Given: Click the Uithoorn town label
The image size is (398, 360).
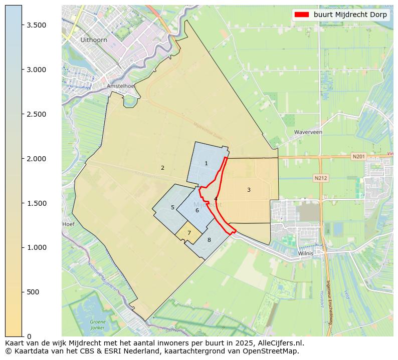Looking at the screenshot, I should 90,40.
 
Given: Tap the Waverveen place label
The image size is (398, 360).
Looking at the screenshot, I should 308,132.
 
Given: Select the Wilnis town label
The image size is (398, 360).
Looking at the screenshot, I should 305,253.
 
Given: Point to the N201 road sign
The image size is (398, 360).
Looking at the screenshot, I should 358,157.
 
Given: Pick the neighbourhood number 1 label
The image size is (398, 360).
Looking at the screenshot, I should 206,163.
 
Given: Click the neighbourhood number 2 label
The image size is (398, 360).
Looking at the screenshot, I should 162,168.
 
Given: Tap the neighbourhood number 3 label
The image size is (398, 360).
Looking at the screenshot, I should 249,190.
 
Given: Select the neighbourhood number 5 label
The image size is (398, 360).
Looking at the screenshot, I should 172,207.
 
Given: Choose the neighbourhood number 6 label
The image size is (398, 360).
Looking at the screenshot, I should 197,210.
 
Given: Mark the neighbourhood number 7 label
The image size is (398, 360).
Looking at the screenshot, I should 189,233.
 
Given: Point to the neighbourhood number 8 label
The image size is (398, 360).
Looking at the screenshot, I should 209,240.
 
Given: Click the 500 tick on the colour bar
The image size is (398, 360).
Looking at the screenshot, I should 40,292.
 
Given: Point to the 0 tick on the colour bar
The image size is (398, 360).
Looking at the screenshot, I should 30,336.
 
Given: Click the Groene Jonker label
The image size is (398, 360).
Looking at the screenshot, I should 98,324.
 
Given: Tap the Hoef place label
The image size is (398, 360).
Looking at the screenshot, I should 68,224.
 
